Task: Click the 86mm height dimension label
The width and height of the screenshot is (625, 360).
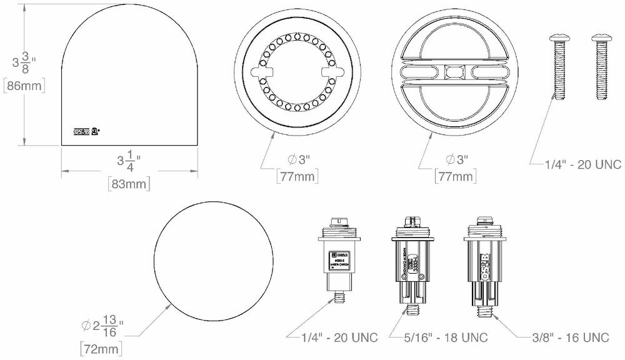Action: (24, 86)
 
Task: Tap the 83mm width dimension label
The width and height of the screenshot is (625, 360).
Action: (129, 184)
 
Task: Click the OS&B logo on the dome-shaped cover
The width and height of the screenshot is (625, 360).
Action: (82, 132)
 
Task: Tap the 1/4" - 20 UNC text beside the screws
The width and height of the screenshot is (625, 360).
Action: (583, 164)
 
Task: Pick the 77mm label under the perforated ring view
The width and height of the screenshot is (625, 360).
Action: (297, 177)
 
